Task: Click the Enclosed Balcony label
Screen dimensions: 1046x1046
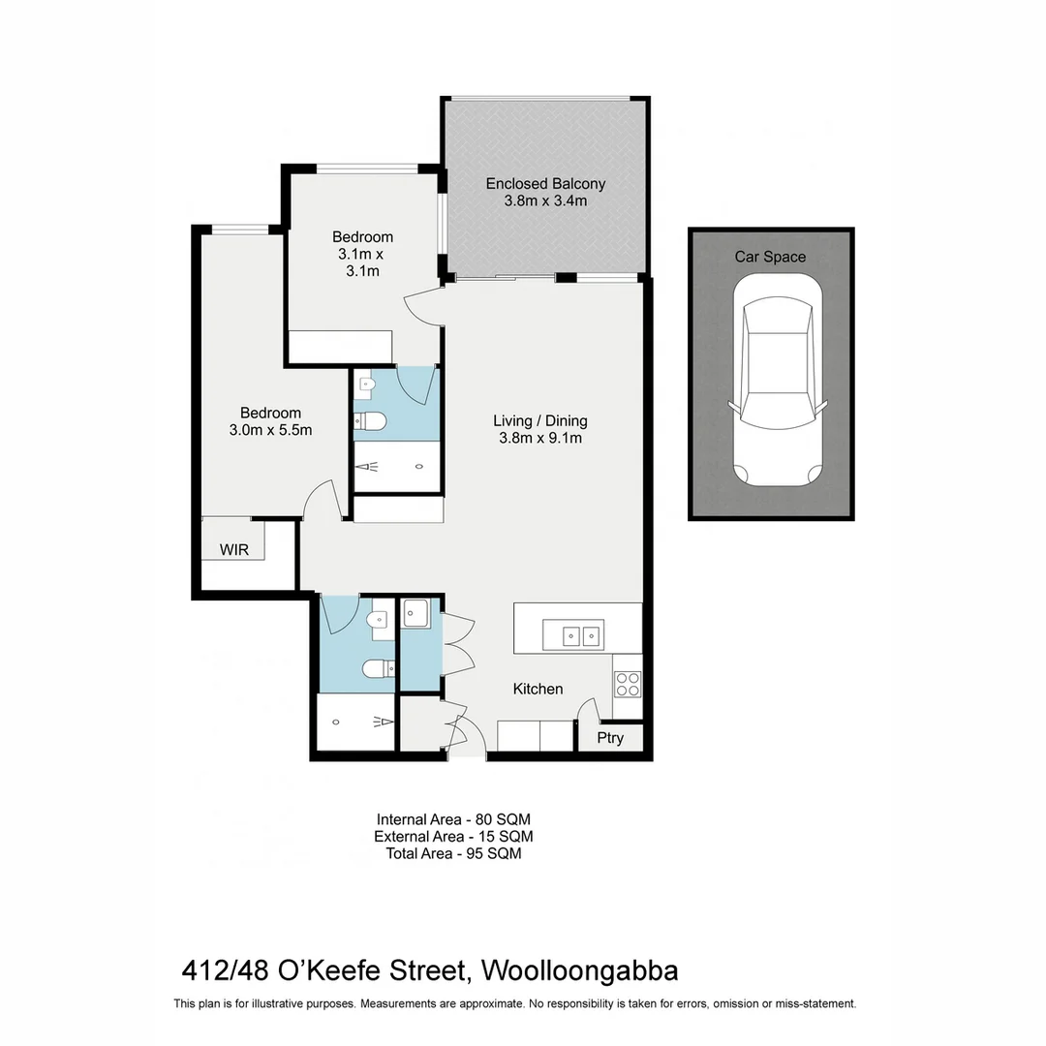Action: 545,184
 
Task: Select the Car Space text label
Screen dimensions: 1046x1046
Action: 770,257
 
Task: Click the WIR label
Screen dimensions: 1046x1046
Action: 234,550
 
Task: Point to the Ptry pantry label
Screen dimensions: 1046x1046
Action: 610,738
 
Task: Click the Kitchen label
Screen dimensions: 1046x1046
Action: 538,689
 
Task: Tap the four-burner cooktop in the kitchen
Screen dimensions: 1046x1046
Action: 628,684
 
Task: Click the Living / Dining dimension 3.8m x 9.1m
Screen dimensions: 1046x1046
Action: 539,438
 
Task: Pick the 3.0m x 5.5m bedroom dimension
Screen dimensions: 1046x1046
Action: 270,430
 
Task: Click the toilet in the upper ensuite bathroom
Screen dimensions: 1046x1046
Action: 369,420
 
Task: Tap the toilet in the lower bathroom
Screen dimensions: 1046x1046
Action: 377,667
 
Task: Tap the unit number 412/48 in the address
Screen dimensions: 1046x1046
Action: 226,969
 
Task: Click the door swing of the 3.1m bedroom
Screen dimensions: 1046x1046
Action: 423,308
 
